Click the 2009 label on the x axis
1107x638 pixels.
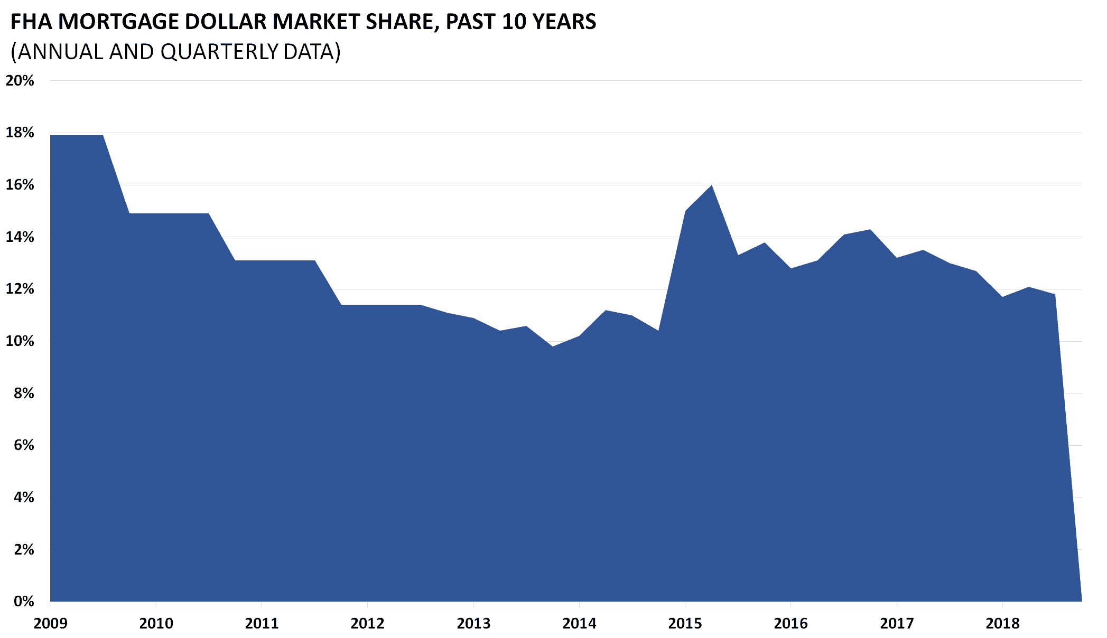(x=50, y=624)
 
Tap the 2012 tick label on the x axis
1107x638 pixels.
(x=367, y=624)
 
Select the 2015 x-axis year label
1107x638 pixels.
(x=685, y=624)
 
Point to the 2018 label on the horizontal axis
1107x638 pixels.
(x=1002, y=624)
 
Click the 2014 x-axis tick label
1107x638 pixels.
(x=579, y=624)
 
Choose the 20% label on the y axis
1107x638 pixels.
(x=20, y=81)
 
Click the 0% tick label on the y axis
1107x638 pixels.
(x=23, y=602)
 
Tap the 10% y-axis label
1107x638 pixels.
(x=20, y=341)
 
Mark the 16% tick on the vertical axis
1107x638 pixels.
(x=20, y=185)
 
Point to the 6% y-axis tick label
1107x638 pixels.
(x=23, y=445)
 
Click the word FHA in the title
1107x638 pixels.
(x=31, y=22)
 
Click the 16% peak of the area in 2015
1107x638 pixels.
(x=712, y=185)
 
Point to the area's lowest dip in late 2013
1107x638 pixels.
(x=552, y=346)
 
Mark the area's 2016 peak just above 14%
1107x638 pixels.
(x=870, y=230)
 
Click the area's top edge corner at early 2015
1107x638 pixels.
(x=685, y=211)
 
